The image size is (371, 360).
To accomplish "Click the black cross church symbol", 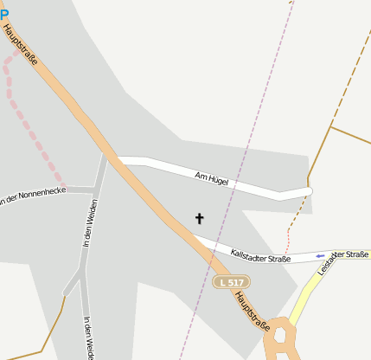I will click(200, 219).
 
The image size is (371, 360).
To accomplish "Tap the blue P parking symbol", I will click(3, 14).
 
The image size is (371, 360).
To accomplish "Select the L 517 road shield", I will click(231, 282).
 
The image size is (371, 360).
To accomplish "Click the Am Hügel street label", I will click(211, 177).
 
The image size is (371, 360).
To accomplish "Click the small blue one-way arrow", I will click(321, 255).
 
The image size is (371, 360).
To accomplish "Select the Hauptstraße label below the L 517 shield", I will click(252, 311).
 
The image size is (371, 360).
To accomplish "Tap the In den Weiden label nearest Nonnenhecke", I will click(90, 224).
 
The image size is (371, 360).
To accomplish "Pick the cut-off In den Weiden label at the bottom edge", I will click(88, 338).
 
